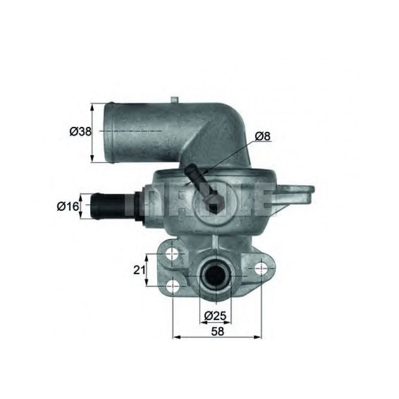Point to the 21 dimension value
[139, 270]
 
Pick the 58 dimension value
[217, 332]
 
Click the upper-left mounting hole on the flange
[172, 254]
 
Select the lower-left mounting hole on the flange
[172, 285]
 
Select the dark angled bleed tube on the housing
[204, 191]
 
